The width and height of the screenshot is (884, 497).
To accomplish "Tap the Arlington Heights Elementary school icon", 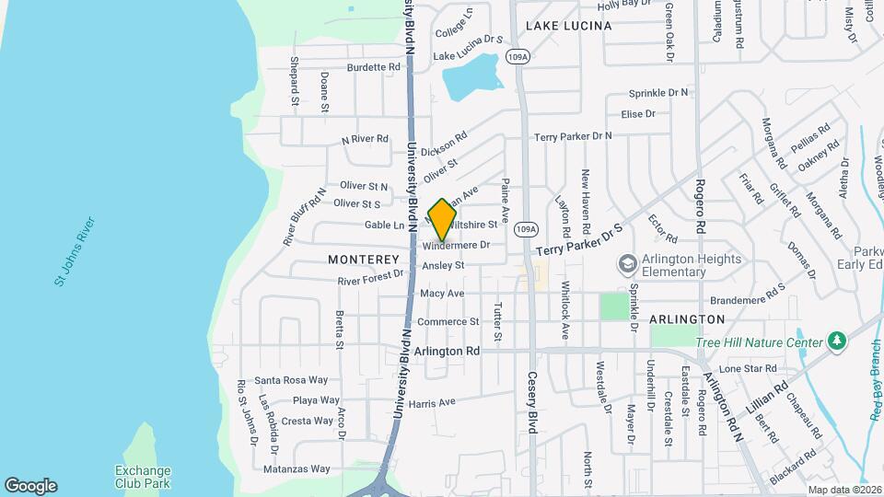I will coord(627,264).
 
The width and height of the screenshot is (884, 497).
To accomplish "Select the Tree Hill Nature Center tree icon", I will coord(837,342).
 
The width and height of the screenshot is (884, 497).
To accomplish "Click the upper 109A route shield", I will coord(518,57).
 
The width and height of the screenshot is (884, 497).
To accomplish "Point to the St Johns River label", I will coord(74,251).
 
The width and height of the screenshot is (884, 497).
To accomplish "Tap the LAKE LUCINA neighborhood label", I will coord(568,26).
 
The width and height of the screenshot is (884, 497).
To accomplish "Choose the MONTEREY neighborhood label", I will coord(364,260).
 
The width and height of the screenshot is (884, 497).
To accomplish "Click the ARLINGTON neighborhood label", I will coord(687,319).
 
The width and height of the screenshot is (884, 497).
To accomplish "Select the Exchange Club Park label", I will coord(143,476).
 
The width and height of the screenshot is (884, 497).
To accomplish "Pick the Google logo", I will coord(30,486).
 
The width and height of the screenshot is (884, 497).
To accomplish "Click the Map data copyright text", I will coord(843,490).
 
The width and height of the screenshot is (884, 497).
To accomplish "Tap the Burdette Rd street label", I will coord(374,67).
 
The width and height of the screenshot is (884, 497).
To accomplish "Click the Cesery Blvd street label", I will coord(532,397).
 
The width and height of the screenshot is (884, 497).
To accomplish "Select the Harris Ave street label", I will coord(432,403).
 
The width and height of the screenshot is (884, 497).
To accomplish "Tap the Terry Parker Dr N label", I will coord(573,136).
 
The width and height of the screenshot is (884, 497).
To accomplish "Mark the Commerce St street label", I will coord(448,322).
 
